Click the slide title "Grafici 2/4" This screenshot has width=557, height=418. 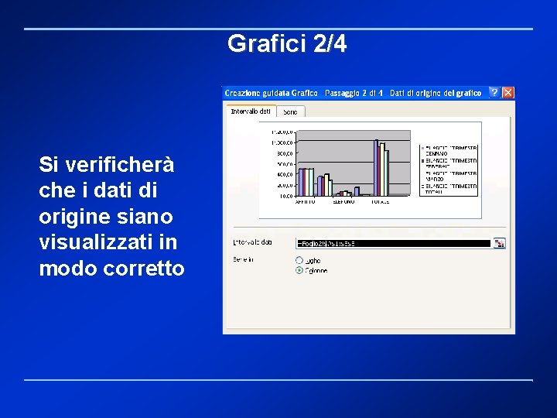click(x=287, y=44)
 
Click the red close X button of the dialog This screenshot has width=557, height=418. click(x=508, y=93)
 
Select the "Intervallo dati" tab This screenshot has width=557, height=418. click(x=251, y=111)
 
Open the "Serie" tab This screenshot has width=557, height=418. click(x=289, y=112)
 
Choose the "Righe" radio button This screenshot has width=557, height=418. click(x=299, y=260)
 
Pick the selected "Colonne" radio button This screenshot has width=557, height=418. click(x=299, y=271)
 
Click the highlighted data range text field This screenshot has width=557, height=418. click(x=394, y=243)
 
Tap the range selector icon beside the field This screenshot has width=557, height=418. click(x=499, y=243)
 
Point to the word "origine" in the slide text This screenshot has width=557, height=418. click(x=73, y=216)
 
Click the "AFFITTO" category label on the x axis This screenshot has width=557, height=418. click(x=306, y=201)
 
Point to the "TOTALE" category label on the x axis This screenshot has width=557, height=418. click(x=380, y=201)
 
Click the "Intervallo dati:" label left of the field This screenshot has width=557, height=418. click(x=253, y=242)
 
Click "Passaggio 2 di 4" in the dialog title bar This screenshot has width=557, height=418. click(x=354, y=94)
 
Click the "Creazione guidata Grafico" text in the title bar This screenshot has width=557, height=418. click(x=272, y=94)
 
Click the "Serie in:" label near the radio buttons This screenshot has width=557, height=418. click(x=244, y=260)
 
